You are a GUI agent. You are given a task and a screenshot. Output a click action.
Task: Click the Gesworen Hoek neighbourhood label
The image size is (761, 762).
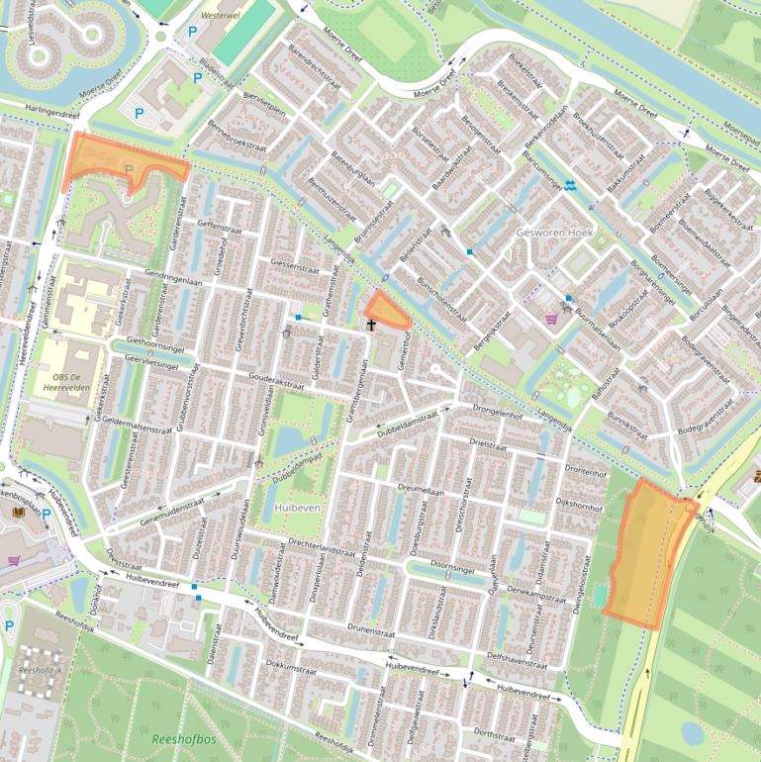[x=554, y=232]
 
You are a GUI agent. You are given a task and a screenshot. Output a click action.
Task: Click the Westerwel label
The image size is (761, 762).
[x=220, y=17]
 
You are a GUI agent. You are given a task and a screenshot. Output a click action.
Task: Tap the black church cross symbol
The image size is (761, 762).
[x=372, y=324]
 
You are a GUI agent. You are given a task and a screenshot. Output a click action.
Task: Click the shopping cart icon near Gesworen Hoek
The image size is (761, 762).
[x=551, y=318]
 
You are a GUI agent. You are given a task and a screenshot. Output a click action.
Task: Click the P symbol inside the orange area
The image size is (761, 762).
[x=129, y=170]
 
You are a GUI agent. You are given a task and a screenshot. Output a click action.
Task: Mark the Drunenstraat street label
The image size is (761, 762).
[x=372, y=627]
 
